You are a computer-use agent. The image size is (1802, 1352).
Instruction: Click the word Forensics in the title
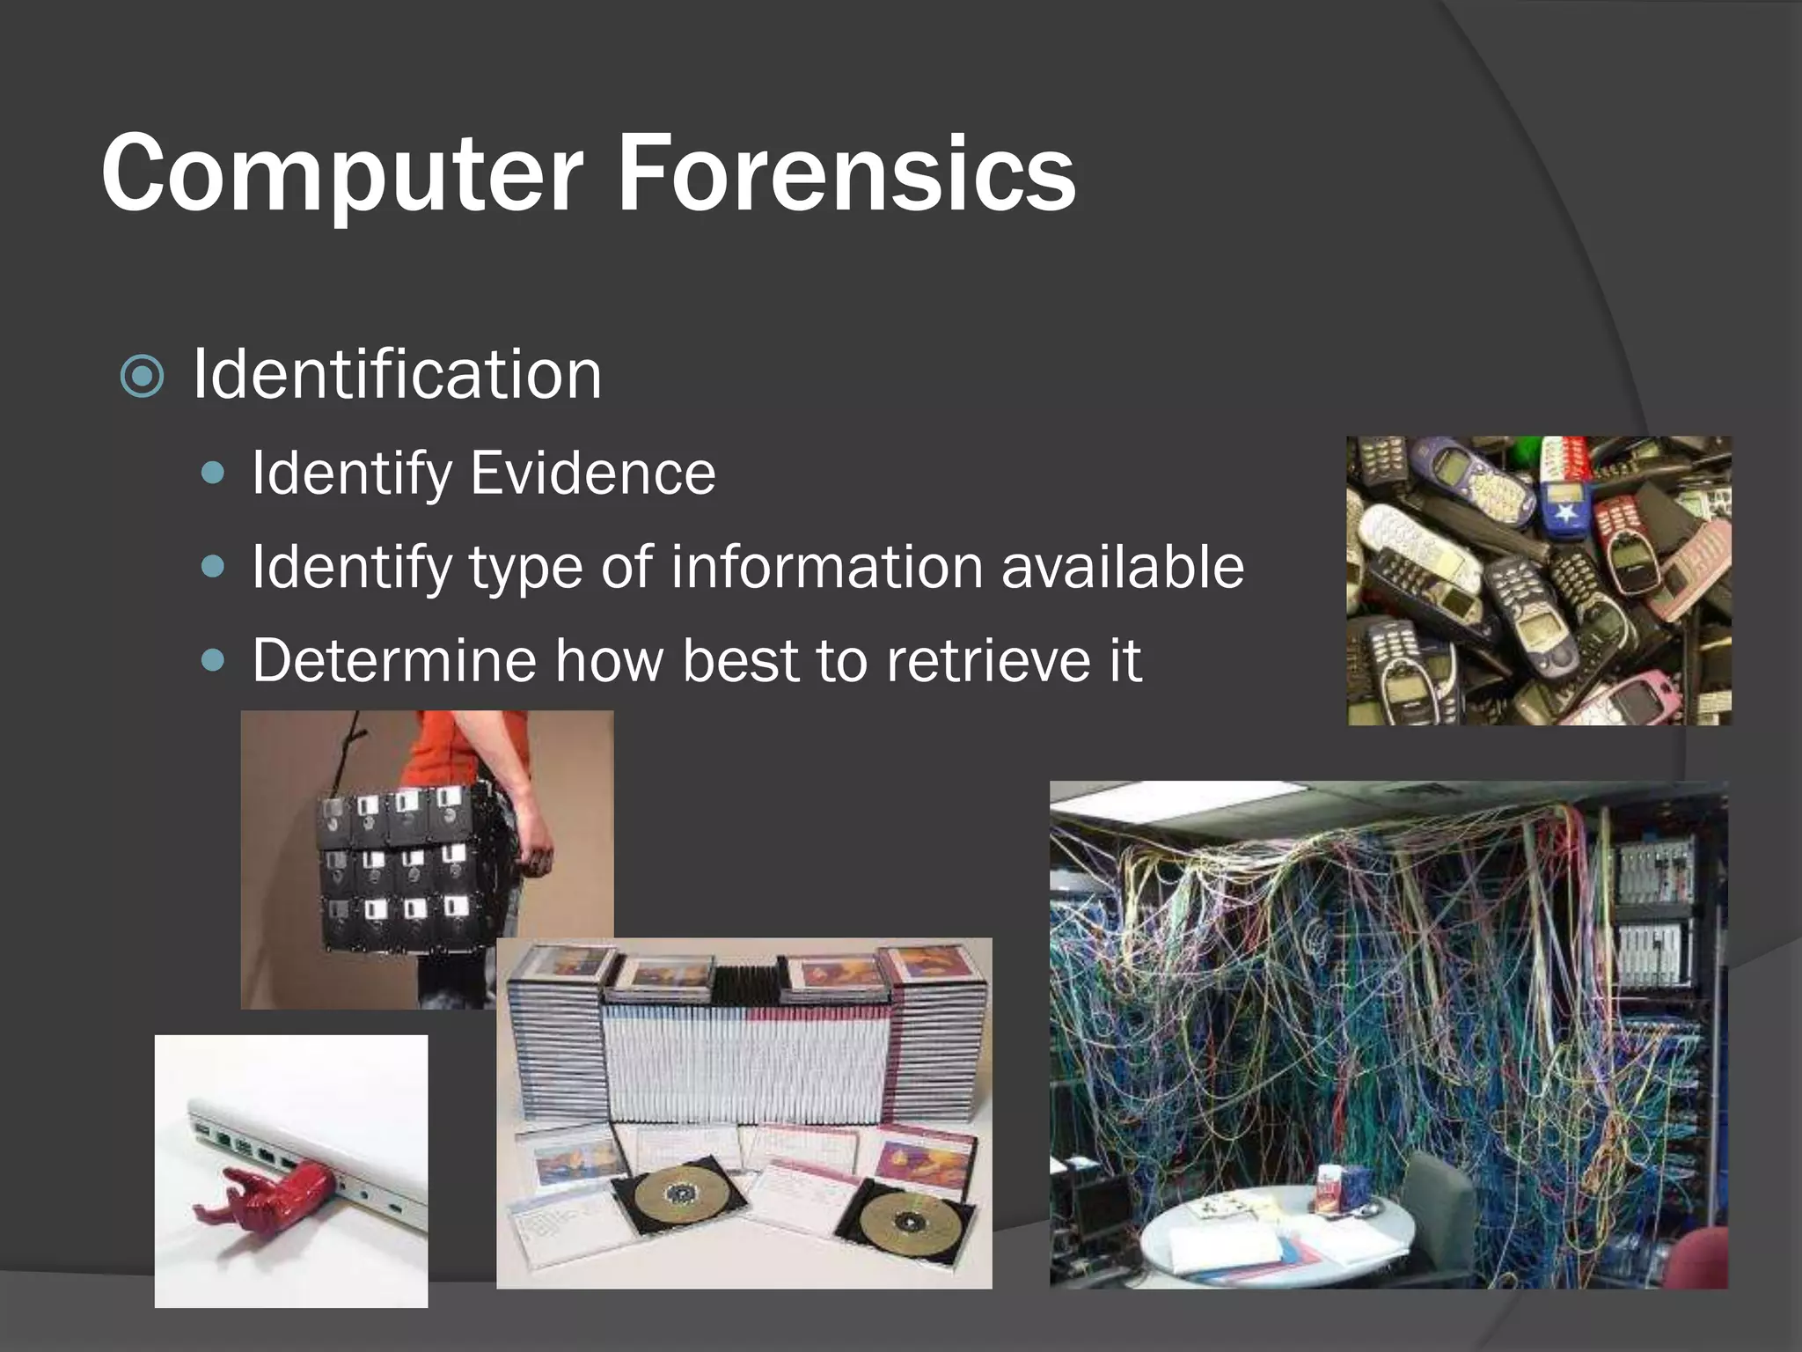point(846,173)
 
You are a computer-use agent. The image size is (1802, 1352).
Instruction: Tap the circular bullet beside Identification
point(142,377)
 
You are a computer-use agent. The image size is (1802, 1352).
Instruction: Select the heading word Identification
point(397,375)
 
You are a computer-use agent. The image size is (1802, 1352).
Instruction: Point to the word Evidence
point(592,474)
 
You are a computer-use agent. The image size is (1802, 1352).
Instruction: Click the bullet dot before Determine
point(213,660)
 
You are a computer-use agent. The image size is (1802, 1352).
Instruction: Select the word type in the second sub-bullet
point(524,568)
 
